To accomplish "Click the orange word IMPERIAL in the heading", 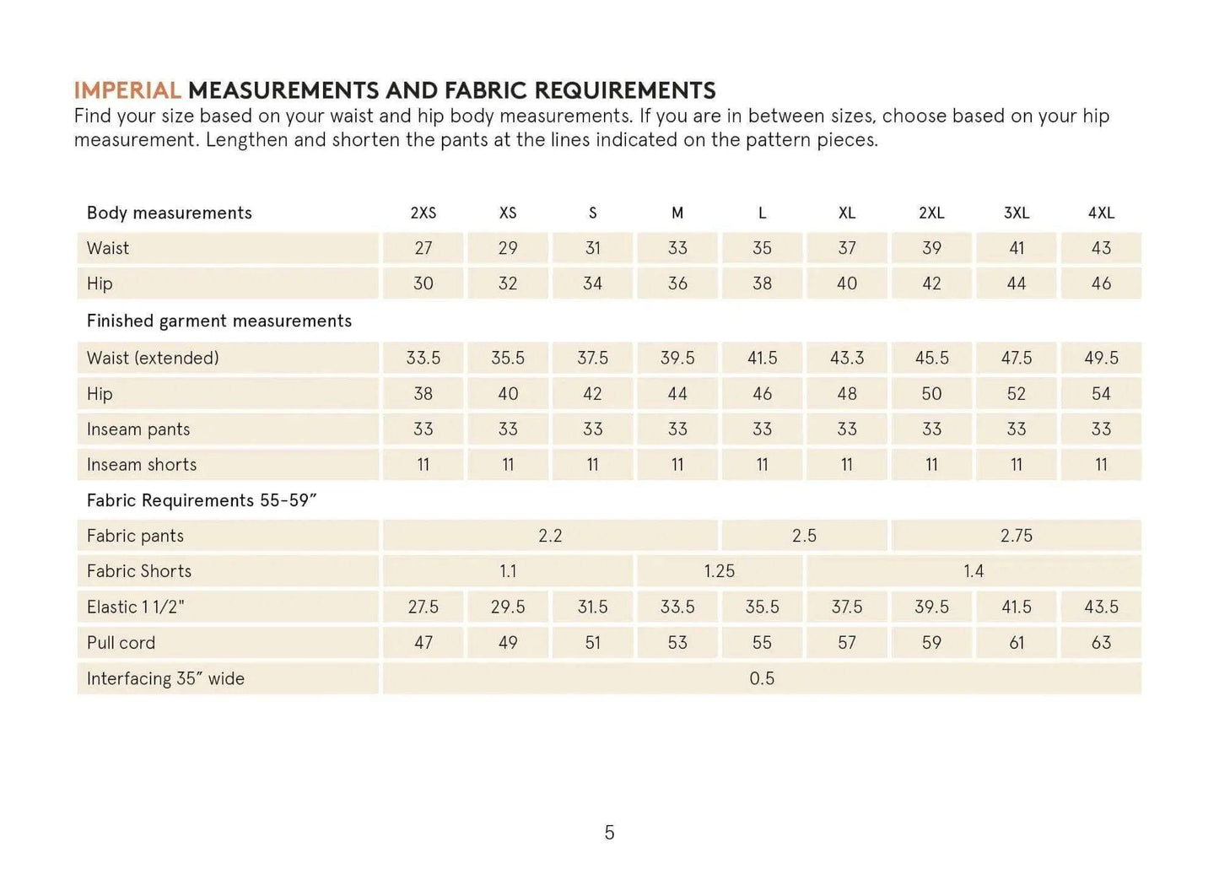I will pyautogui.click(x=127, y=90).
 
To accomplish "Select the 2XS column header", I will pyautogui.click(x=423, y=213).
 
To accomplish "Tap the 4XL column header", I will pyautogui.click(x=1101, y=213).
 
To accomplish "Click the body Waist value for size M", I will pyautogui.click(x=677, y=248).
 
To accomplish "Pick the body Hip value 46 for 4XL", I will pyautogui.click(x=1101, y=283).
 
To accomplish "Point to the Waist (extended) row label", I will pyautogui.click(x=153, y=358).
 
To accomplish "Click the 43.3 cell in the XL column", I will pyautogui.click(x=847, y=358).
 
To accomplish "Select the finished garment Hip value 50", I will pyautogui.click(x=931, y=393).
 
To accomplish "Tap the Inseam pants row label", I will pyautogui.click(x=138, y=429).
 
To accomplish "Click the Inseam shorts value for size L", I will pyautogui.click(x=762, y=464).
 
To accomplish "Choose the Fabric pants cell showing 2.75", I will pyautogui.click(x=1016, y=536).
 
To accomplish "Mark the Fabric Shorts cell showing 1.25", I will pyautogui.click(x=720, y=571).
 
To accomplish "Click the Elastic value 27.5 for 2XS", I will pyautogui.click(x=423, y=607).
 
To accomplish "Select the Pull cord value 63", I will pyautogui.click(x=1101, y=642).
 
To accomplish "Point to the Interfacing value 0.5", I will pyautogui.click(x=762, y=678).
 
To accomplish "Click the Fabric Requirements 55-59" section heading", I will pyautogui.click(x=202, y=500).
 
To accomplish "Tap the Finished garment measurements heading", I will pyautogui.click(x=219, y=321).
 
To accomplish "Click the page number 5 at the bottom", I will pyautogui.click(x=609, y=833).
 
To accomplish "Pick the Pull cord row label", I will pyautogui.click(x=121, y=642).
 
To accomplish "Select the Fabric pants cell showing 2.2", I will pyautogui.click(x=550, y=536).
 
